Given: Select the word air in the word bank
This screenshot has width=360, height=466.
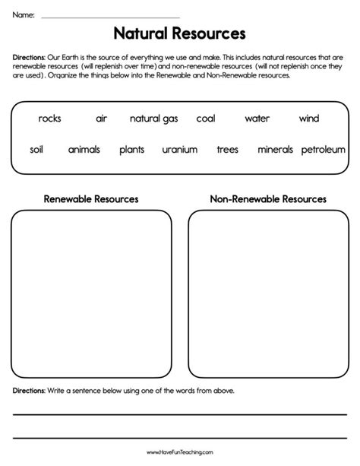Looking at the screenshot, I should click(x=102, y=119).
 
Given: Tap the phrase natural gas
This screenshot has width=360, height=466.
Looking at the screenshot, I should click(x=154, y=119).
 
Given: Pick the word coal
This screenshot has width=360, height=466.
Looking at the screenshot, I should click(x=206, y=119).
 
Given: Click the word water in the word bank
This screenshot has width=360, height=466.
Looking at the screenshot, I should click(x=257, y=119).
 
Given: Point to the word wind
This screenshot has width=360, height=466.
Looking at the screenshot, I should click(x=309, y=119).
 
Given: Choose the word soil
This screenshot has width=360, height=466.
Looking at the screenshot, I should click(x=36, y=150).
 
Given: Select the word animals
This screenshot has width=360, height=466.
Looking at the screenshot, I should click(x=84, y=150).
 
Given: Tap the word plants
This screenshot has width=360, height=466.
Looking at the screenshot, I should click(x=131, y=150).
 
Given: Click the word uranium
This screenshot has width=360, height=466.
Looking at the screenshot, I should click(x=179, y=150).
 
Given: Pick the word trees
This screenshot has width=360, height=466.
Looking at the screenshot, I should click(x=227, y=150).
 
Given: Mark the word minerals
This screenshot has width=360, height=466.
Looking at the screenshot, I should click(x=275, y=150).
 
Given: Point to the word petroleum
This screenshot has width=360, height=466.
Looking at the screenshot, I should click(x=324, y=150).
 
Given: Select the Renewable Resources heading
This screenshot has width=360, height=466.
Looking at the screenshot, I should click(x=91, y=199).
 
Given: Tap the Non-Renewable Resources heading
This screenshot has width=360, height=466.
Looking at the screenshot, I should click(x=268, y=199).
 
